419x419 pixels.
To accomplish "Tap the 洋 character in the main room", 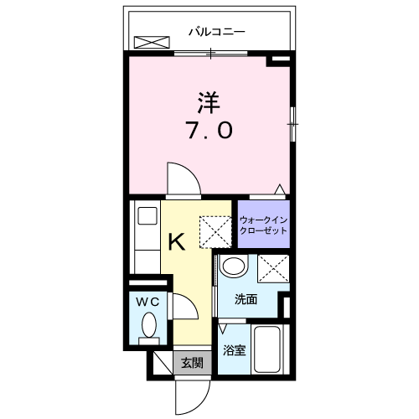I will [209, 102].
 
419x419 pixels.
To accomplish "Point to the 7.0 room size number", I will [209, 131].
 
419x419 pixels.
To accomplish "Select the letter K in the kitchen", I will [176, 242].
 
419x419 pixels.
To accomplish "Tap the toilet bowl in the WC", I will [149, 324].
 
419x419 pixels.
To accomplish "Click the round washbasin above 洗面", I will [234, 266].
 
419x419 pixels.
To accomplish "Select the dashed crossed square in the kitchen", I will [214, 229].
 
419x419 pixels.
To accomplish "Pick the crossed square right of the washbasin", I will [273, 268].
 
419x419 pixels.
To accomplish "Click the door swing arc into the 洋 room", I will [180, 178].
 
